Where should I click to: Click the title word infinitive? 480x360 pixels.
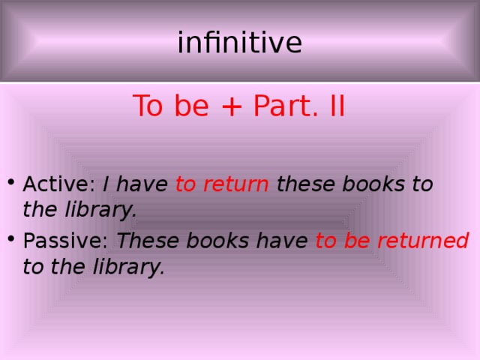[239, 43]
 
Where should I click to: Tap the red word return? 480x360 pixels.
[234, 184]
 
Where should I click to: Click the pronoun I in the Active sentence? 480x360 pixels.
[107, 184]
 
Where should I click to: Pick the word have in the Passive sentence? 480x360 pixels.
[286, 241]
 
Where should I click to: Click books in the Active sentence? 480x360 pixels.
[369, 184]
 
